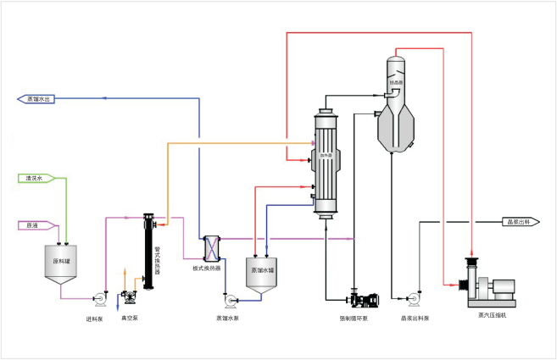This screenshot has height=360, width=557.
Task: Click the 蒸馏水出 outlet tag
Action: point(36,99)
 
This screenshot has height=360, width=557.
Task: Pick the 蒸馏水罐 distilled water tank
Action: point(264,273)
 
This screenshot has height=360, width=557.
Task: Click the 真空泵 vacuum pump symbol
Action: point(129,296)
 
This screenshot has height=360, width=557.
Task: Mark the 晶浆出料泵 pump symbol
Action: point(415,299)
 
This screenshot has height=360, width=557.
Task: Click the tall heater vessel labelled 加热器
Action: point(325,161)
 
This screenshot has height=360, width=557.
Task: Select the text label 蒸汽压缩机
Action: point(493,315)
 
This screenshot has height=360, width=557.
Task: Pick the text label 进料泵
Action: point(94,319)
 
